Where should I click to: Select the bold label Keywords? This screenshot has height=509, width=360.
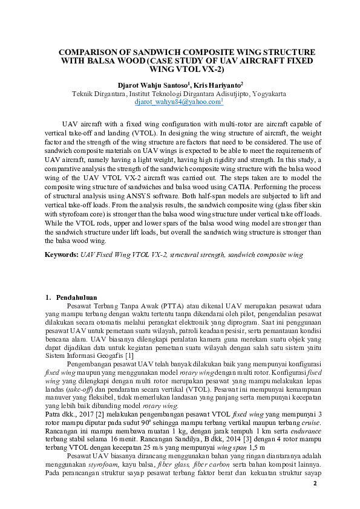[62, 255]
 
